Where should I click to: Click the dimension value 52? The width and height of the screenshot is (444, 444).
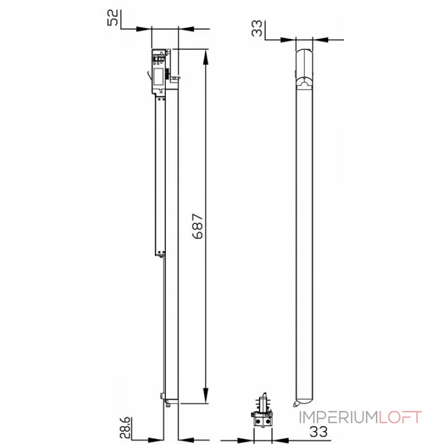[113, 18]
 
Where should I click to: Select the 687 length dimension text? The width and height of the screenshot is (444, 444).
[198, 226]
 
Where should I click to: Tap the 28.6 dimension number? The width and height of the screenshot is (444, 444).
[125, 427]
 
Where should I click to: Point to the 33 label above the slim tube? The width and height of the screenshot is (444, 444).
[257, 28]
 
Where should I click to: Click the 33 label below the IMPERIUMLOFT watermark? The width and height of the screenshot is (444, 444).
[319, 432]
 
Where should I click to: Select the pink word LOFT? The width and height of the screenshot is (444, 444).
[400, 417]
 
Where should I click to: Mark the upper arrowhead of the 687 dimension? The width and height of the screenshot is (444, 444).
[206, 58]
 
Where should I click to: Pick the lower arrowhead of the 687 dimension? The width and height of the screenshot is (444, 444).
[206, 395]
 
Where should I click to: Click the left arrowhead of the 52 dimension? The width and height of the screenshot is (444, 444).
[144, 29]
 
